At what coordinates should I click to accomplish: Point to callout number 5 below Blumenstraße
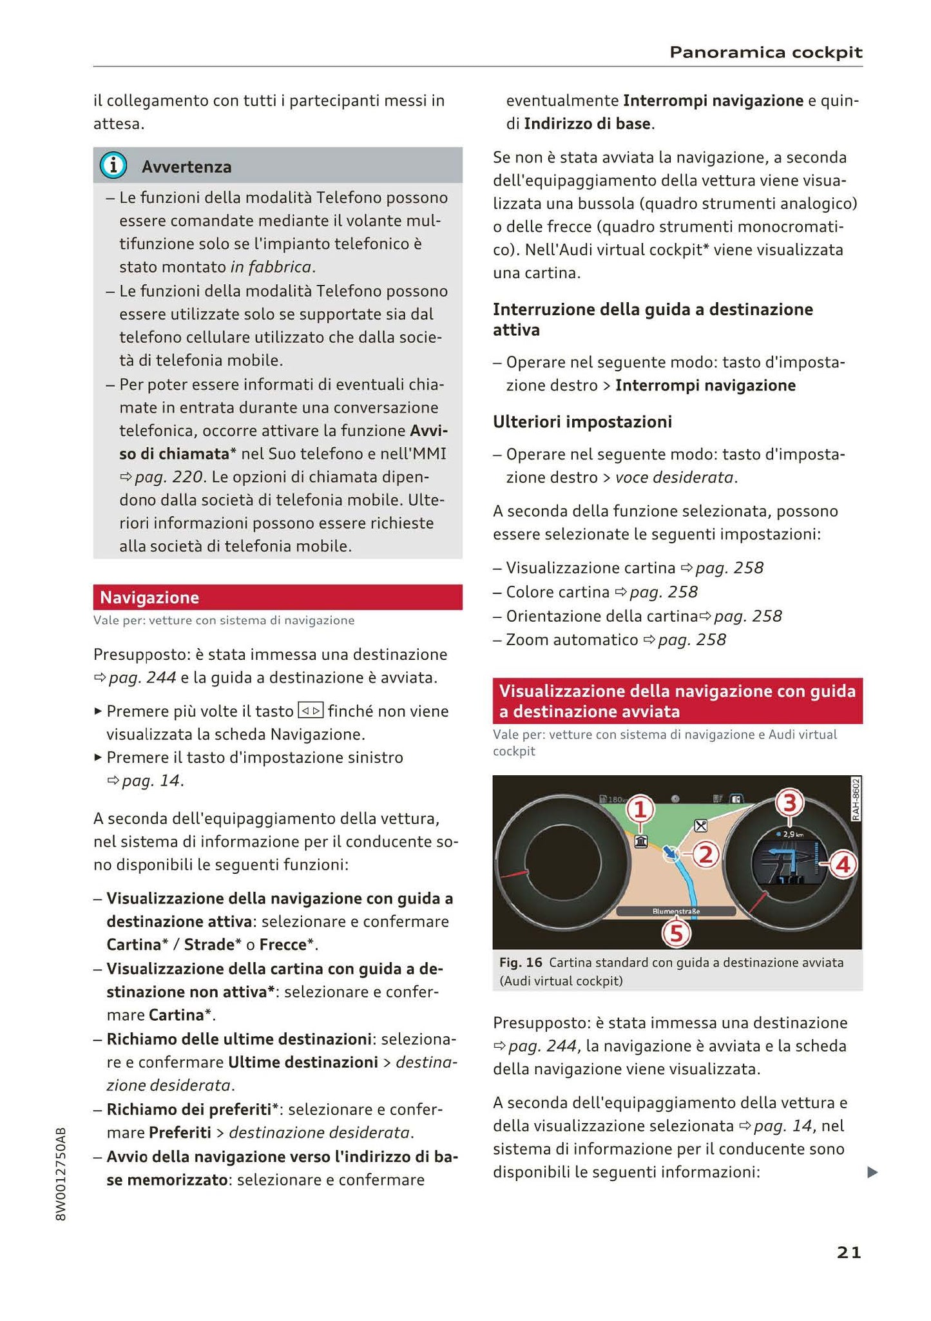point(677,934)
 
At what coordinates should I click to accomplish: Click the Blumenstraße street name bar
point(675,911)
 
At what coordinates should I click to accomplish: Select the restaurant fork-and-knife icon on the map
point(700,825)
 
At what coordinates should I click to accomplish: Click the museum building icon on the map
point(640,841)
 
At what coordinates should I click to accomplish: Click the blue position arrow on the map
point(671,853)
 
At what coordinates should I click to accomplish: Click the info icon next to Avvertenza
point(113,166)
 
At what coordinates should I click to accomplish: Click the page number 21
point(849,1252)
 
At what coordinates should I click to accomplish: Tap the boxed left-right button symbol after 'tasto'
point(311,711)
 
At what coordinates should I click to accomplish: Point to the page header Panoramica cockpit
point(765,52)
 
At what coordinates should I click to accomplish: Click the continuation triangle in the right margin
point(872,1172)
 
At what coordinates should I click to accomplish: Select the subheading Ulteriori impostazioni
point(582,421)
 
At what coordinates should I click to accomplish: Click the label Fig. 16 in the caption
point(521,963)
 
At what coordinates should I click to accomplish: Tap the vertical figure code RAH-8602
point(856,799)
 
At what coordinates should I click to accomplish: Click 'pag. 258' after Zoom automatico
point(691,640)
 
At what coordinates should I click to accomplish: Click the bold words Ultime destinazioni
point(303,1062)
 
